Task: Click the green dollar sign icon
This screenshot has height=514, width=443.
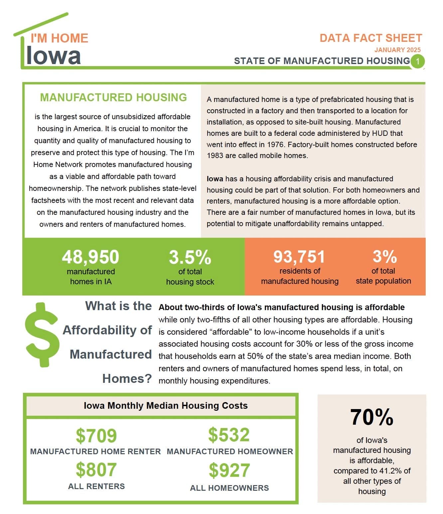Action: (42, 334)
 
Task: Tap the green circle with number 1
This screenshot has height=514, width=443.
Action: (418, 61)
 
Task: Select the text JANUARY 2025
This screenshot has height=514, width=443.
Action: (397, 50)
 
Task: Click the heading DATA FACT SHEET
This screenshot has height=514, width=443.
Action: (371, 38)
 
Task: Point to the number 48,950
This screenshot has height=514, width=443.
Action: (90, 257)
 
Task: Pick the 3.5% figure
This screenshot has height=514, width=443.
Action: (190, 257)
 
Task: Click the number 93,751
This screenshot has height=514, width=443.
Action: (299, 256)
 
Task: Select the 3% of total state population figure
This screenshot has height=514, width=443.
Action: (384, 256)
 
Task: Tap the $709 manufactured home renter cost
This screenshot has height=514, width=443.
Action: (96, 436)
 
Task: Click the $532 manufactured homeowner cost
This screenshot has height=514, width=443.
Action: (229, 435)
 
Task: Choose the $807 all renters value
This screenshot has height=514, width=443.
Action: (96, 470)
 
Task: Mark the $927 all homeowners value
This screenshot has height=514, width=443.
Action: (229, 470)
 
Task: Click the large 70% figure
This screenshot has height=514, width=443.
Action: (371, 417)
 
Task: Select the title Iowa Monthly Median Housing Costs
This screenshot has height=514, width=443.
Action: (166, 405)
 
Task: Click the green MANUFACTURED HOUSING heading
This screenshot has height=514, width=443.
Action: (113, 97)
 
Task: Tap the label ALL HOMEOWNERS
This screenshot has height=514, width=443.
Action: (229, 488)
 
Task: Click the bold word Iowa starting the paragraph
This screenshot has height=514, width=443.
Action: (215, 179)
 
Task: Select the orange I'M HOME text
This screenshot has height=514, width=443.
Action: (60, 38)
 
